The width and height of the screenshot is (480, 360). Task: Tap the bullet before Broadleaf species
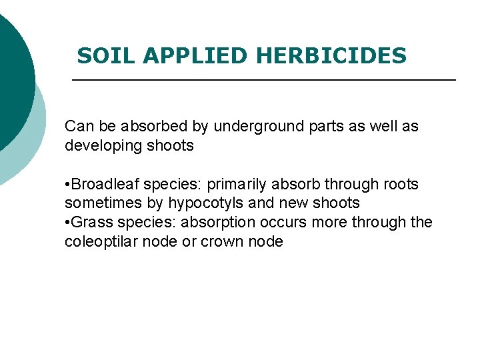(x=67, y=185)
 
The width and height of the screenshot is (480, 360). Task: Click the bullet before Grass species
(x=67, y=223)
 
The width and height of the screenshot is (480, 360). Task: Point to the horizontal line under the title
(x=263, y=80)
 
